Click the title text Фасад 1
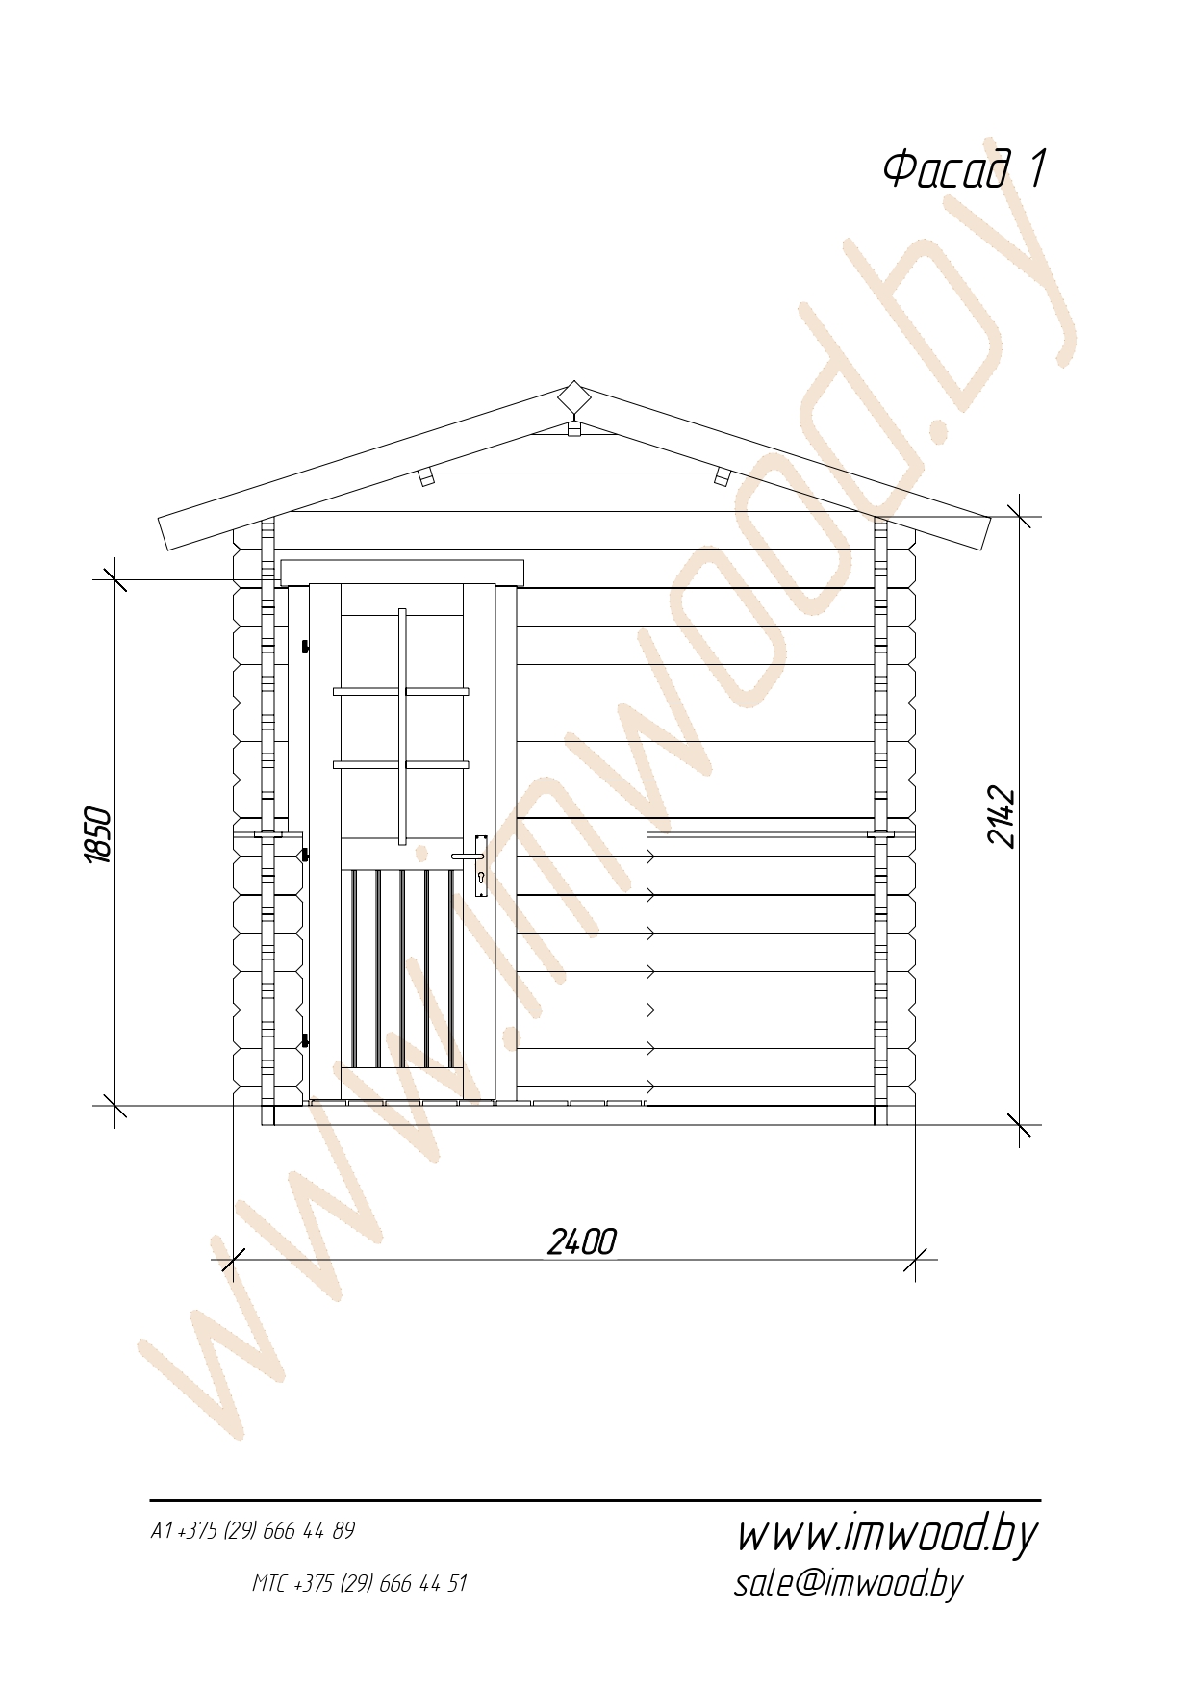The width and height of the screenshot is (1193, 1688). [x=964, y=168]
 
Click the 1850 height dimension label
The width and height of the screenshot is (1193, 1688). [x=98, y=834]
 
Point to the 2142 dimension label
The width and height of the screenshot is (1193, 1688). [x=1002, y=817]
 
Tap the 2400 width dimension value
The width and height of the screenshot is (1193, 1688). [x=581, y=1241]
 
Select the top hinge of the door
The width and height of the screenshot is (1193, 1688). [x=306, y=645]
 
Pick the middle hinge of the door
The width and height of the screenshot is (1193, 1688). [x=306, y=855]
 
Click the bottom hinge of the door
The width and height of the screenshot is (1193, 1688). [x=306, y=1039]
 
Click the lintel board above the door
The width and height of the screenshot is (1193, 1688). [x=402, y=573]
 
